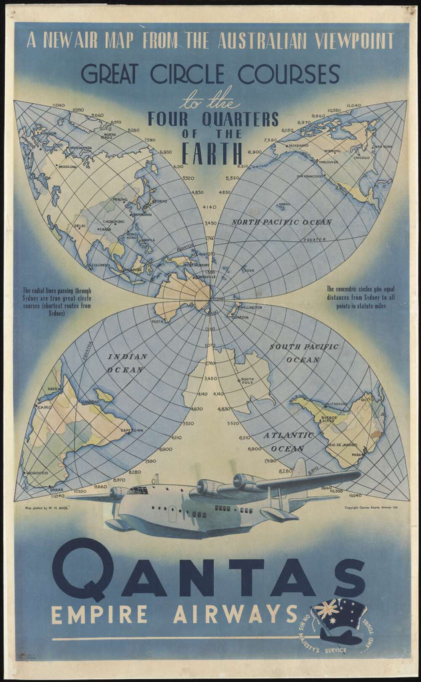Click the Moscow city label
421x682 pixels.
pos(68,167)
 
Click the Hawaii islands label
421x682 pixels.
pos(283,205)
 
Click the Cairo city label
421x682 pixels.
pos(44,406)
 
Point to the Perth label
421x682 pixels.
pos(158,322)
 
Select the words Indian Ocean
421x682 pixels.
pos(127,363)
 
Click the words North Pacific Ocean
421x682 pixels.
pos(281,221)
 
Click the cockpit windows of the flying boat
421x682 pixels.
pos(138,490)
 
